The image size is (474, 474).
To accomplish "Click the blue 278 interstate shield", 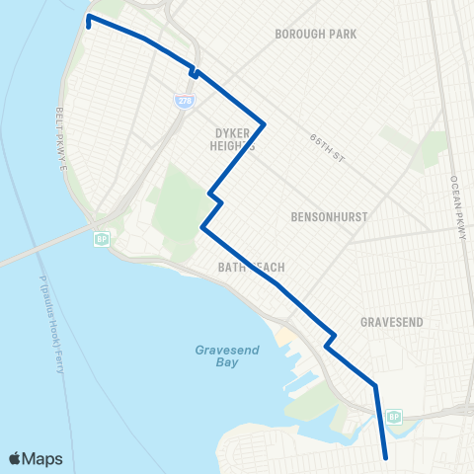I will [184, 100].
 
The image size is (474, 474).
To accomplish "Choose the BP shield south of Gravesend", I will [394, 416].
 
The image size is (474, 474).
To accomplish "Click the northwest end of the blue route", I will [89, 18].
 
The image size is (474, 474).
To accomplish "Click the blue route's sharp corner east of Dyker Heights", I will [264, 123].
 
